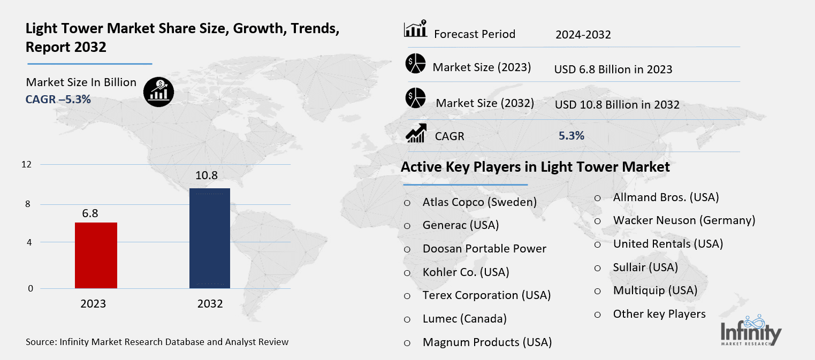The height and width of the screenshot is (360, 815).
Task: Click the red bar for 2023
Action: [x=96, y=255]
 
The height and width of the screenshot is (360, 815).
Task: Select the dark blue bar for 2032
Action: [x=210, y=238]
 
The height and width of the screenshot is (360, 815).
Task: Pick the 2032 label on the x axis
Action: [x=210, y=304]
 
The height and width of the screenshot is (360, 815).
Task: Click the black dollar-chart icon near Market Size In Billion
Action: [x=158, y=92]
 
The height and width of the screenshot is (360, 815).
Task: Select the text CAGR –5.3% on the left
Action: [x=58, y=99]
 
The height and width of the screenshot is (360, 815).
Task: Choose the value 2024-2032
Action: [x=583, y=35]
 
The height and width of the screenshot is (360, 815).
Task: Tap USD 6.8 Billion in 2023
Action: [x=613, y=70]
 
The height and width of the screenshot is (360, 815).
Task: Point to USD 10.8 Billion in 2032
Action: [x=617, y=105]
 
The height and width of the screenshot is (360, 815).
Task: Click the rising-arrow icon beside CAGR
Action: [x=416, y=134]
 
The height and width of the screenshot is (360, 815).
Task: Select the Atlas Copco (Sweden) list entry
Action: [x=479, y=202]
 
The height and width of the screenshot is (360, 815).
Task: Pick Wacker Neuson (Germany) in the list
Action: [x=684, y=220]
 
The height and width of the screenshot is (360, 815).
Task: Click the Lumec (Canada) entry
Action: [x=464, y=319]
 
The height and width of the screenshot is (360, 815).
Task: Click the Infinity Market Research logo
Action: [x=750, y=332]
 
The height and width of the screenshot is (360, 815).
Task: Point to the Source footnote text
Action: [x=157, y=341]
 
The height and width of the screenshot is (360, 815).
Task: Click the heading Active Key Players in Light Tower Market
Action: [x=535, y=167]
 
